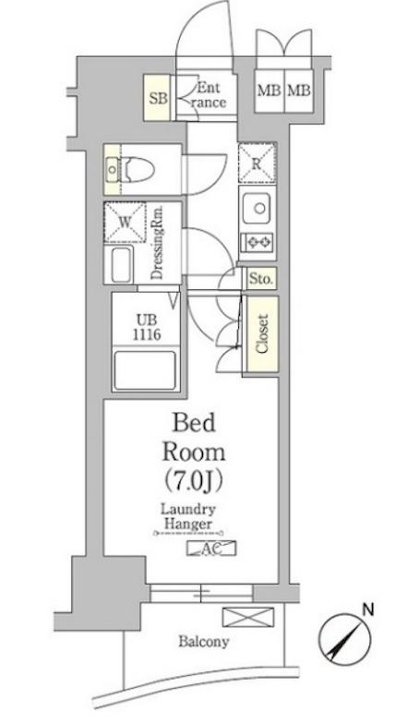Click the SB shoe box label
[x=158, y=98]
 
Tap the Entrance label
[x=209, y=95]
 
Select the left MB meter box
[x=269, y=90]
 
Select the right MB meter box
[x=299, y=90]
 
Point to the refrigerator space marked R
[x=257, y=163]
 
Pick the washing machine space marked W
[x=125, y=222]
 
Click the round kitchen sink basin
[x=259, y=209]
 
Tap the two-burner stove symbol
[x=258, y=242]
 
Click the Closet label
[x=262, y=334]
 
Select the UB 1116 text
[x=147, y=327]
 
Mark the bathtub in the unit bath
[x=145, y=370]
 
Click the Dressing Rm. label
[x=157, y=243]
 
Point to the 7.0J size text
[x=194, y=480]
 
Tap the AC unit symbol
[x=211, y=549]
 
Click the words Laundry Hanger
[x=188, y=517]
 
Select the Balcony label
[x=203, y=641]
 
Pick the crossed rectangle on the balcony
[x=247, y=617]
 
